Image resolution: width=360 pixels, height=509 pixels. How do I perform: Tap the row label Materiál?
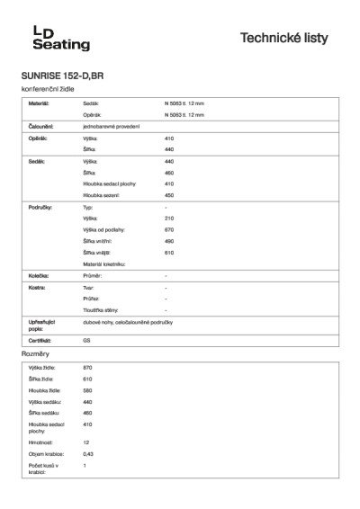[39, 104]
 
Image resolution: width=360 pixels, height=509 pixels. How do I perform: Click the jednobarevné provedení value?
[112, 127]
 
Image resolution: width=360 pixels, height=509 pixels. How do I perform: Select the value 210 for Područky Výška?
[169, 219]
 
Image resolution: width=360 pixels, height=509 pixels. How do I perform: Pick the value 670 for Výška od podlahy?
[169, 230]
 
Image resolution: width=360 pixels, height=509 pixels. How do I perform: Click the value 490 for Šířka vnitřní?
[169, 241]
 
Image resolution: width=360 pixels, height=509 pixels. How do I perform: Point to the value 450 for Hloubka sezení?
[169, 194]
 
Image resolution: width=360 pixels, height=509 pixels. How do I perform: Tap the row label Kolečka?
[38, 275]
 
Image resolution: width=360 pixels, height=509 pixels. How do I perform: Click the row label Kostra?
[37, 287]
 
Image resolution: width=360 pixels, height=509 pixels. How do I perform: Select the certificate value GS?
[87, 342]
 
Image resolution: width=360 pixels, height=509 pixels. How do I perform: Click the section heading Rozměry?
[34, 355]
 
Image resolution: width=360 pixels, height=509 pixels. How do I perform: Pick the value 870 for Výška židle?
[87, 369]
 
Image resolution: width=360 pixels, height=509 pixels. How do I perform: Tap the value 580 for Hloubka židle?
[87, 390]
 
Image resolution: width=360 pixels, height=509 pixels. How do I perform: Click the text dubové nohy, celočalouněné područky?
[133, 322]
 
